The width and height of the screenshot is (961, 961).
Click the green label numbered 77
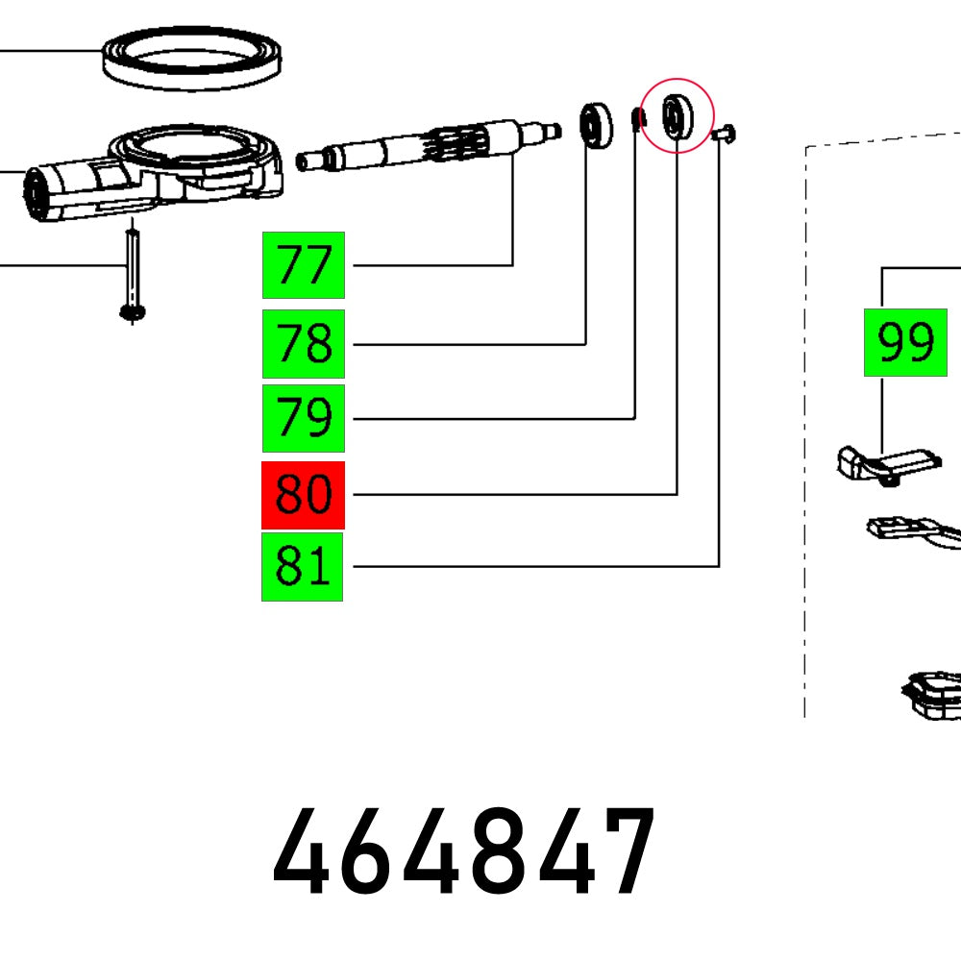pyautogui.click(x=303, y=265)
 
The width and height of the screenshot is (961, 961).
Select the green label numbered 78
pyautogui.click(x=303, y=343)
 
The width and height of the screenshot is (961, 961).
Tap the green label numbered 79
pyautogui.click(x=303, y=418)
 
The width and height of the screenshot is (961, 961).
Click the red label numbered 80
pyautogui.click(x=303, y=495)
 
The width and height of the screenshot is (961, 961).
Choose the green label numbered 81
pyautogui.click(x=303, y=567)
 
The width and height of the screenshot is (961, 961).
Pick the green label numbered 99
pyautogui.click(x=905, y=342)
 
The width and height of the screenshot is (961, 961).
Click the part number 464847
pyautogui.click(x=465, y=853)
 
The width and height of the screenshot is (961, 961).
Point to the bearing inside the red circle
pyautogui.click(x=677, y=116)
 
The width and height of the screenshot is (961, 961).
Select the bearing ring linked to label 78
pyautogui.click(x=596, y=124)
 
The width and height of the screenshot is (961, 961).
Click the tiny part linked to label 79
pyautogui.click(x=635, y=119)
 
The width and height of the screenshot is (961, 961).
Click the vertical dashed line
pyautogui.click(x=805, y=432)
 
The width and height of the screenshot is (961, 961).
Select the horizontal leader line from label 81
pyautogui.click(x=529, y=567)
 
